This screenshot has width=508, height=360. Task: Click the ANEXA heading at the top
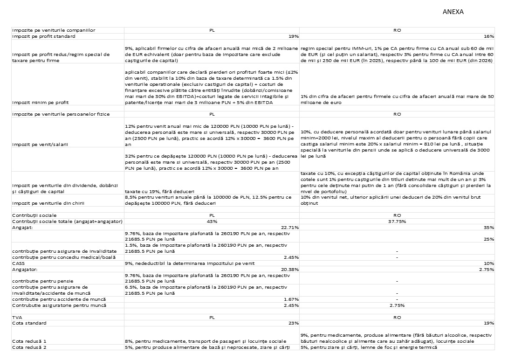453,12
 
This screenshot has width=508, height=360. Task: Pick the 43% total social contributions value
212,221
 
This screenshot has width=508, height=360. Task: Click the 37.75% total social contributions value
397,221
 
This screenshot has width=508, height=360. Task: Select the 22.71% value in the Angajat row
290,227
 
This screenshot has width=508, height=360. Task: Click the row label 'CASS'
18,263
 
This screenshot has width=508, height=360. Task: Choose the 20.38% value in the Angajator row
290,269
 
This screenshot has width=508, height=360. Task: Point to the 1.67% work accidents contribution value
291,299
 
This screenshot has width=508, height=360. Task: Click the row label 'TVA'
17,317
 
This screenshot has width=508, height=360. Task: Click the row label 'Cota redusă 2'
31,347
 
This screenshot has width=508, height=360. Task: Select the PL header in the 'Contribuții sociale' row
212,215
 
